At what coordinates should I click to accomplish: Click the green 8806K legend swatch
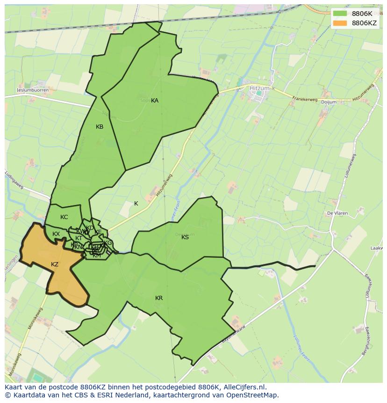(x=340, y=14)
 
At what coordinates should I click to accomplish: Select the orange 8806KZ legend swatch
(x=340, y=23)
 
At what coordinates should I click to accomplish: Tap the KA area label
(x=155, y=101)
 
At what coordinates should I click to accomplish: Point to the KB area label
(x=100, y=127)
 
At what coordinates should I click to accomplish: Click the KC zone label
(x=64, y=217)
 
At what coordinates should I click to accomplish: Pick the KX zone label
(x=56, y=234)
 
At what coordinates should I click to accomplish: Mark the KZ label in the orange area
(x=55, y=264)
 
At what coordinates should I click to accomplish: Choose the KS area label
(x=185, y=237)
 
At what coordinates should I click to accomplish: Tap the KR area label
(x=159, y=298)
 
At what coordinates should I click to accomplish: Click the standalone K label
(x=136, y=204)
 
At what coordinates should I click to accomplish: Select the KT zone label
(x=79, y=238)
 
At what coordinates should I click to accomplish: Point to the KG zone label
(x=108, y=243)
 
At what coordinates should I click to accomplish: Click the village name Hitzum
(x=259, y=88)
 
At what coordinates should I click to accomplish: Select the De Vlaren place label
(x=337, y=213)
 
